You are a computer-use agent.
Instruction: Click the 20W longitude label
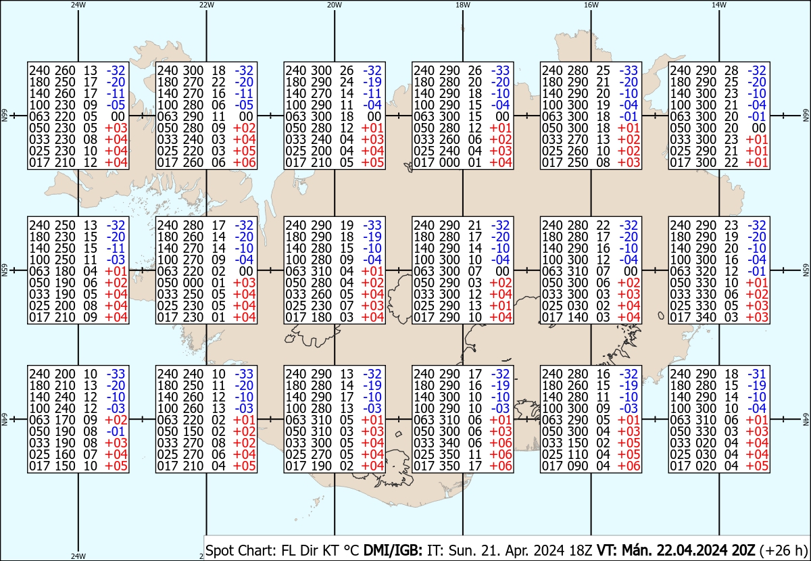(x=334, y=5)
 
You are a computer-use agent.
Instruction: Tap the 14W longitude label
(x=719, y=5)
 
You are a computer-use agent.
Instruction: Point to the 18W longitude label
(x=463, y=5)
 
